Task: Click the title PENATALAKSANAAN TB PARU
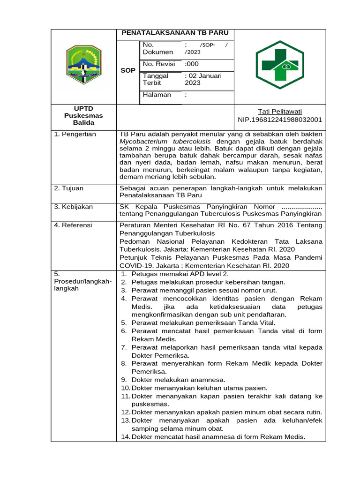[175, 33]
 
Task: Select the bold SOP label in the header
[128, 70]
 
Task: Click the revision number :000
[192, 64]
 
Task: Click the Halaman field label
[157, 95]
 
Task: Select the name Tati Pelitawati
[280, 112]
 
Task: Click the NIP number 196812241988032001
[280, 120]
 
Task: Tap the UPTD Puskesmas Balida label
[83, 115]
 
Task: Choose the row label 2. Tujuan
[69, 188]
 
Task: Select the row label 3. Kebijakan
[74, 207]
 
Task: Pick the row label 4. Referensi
[74, 225]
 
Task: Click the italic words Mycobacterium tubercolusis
[165, 141]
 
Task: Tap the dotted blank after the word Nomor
[301, 207]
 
